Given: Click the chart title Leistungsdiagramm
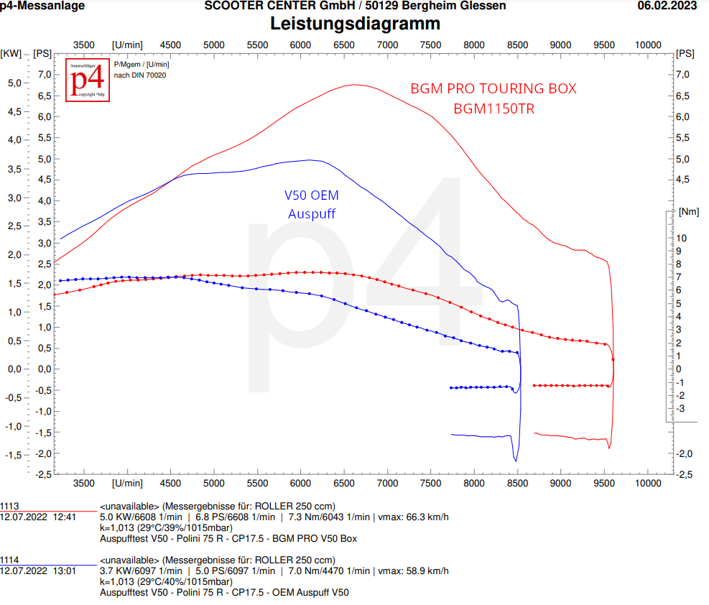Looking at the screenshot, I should (355, 24).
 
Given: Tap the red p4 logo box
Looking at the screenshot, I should (88, 80).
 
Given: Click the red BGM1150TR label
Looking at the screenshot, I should (493, 109).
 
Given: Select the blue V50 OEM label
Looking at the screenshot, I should (312, 195).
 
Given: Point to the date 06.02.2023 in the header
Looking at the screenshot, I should (667, 6).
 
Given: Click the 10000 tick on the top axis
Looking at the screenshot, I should (648, 45).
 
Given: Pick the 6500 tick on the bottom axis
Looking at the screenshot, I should (344, 484).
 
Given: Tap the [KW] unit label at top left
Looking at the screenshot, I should (11, 53).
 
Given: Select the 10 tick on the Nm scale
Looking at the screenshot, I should (681, 238).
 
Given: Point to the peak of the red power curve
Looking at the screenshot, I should (355, 85).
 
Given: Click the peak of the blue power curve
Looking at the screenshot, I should (309, 160).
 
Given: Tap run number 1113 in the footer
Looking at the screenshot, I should (9, 506).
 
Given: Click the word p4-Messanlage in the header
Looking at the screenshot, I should (42, 6).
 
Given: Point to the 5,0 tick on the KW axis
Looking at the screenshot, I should (14, 83).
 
